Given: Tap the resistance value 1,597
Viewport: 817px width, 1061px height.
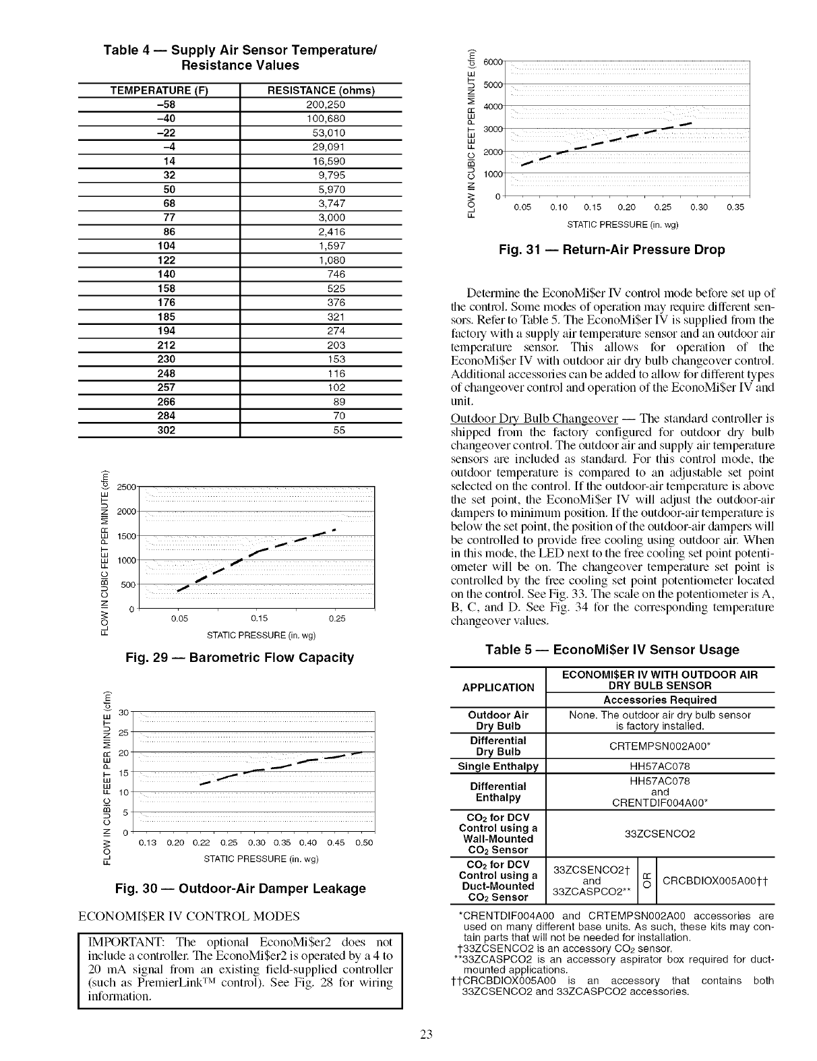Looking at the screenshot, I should [x=331, y=246].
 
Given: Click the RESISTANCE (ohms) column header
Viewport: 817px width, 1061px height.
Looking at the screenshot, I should [x=321, y=91].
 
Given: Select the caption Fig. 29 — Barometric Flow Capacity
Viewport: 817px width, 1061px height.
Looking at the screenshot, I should [x=240, y=657].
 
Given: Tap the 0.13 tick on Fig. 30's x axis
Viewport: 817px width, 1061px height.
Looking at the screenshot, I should [x=147, y=843].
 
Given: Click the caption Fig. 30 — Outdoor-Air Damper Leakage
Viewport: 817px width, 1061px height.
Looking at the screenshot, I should [x=240, y=888].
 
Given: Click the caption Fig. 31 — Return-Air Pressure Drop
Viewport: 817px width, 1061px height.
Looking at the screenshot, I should [x=611, y=250].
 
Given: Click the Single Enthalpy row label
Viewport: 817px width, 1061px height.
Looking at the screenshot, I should [x=498, y=766].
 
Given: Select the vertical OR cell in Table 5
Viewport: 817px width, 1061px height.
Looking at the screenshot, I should [x=646, y=880].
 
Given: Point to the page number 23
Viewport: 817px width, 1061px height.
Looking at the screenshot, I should [x=425, y=1035].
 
